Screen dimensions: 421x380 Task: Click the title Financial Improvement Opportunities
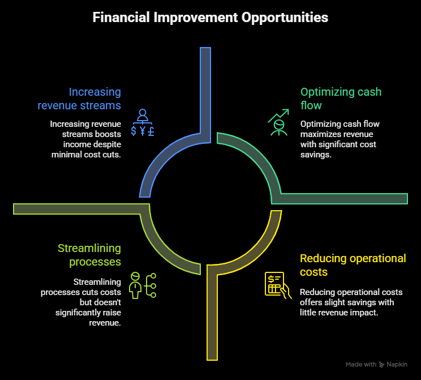pyautogui.click(x=211, y=18)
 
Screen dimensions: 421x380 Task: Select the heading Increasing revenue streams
pyautogui.click(x=79, y=99)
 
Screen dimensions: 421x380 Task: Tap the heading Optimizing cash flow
pyautogui.click(x=341, y=99)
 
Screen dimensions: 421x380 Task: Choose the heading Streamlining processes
pyautogui.click(x=89, y=255)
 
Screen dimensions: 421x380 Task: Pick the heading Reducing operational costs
pyautogui.click(x=353, y=265)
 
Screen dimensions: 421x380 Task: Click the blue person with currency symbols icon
pyautogui.click(x=143, y=122)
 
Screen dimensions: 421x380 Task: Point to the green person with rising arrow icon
pyautogui.click(x=279, y=122)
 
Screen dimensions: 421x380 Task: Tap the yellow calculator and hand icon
pyautogui.click(x=278, y=285)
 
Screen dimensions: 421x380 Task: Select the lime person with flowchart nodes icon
pyautogui.click(x=143, y=285)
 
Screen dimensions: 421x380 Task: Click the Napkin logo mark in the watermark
pyautogui.click(x=381, y=364)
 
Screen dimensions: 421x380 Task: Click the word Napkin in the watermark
pyautogui.click(x=397, y=364)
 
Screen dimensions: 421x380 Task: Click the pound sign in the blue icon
pyautogui.click(x=151, y=131)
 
